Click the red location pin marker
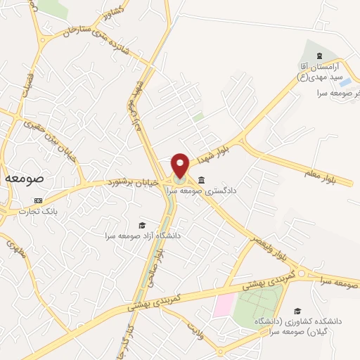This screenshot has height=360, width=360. (x=181, y=165)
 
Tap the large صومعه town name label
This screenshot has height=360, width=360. (x=25, y=179)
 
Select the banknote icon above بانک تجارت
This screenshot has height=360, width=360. (x=38, y=200)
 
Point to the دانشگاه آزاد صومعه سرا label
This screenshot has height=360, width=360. (x=143, y=236)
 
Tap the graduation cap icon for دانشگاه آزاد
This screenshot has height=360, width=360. (x=143, y=225)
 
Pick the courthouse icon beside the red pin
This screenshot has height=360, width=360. (x=202, y=179)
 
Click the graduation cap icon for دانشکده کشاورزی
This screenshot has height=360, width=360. (x=297, y=310)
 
